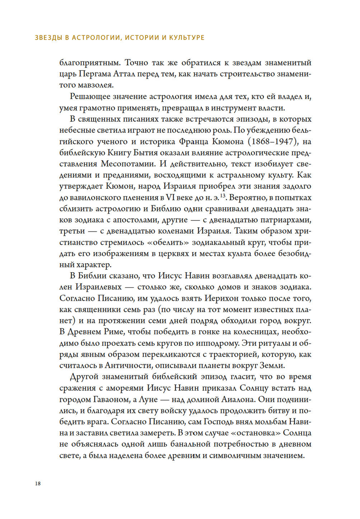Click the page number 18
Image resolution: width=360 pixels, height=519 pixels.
coord(38,484)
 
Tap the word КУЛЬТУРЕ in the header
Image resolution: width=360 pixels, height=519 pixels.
coord(187,37)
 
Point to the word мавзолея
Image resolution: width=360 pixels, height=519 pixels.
coord(97,85)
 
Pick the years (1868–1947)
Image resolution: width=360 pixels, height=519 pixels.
coord(271,141)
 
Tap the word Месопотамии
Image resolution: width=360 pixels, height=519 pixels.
coord(128,164)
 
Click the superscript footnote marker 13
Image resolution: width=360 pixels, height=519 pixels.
coord(223,196)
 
